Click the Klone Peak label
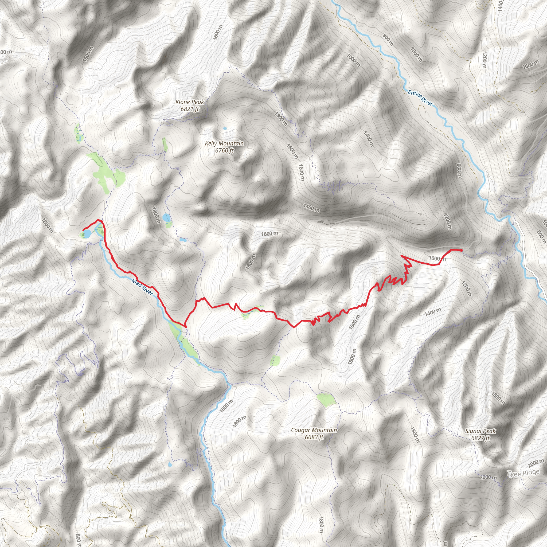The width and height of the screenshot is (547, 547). [189, 102]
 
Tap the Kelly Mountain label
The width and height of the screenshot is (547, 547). [224, 143]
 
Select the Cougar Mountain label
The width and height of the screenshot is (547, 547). [314, 430]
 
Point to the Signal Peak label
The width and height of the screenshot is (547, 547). [480, 431]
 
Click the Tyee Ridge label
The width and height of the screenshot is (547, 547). [523, 473]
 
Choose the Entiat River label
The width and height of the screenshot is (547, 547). [420, 98]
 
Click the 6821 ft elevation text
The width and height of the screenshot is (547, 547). [190, 109]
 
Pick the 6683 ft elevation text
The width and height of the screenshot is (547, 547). [314, 437]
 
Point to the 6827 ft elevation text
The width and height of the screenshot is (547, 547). [480, 438]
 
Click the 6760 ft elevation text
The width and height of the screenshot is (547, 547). [224, 150]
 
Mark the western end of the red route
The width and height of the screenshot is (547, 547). [83, 230]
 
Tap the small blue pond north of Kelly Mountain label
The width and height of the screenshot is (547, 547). [225, 128]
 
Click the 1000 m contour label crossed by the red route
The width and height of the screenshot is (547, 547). [437, 258]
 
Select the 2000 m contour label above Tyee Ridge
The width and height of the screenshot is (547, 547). [536, 463]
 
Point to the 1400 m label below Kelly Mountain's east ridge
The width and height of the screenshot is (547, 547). [311, 208]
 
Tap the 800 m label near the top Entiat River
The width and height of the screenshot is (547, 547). [388, 40]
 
